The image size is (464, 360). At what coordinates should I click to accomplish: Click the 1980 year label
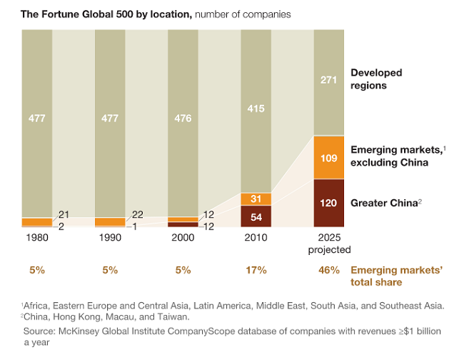coord(37,236)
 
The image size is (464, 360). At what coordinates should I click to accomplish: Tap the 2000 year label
coord(183,236)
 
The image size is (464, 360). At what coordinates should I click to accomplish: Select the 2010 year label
coord(256,236)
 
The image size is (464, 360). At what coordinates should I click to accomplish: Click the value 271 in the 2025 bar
coord(329,80)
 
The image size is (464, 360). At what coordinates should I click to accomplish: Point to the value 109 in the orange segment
coord(329,157)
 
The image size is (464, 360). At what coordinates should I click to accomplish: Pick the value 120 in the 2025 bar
coord(329,203)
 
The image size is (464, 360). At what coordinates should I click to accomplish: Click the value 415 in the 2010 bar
coord(256,109)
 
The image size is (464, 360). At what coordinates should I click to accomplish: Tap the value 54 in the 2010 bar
coord(256,216)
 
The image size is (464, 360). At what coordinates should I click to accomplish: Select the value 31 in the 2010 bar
coord(256,199)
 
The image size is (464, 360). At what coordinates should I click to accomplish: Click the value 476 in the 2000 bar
coord(183,119)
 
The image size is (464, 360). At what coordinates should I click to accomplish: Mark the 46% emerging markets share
coord(329,270)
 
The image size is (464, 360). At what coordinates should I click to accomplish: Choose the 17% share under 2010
coord(256,270)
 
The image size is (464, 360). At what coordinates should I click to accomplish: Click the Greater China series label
coord(383,203)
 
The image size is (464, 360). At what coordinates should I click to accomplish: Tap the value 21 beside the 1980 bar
coord(64,215)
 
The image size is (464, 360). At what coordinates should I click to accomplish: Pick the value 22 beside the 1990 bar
coord(136,215)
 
